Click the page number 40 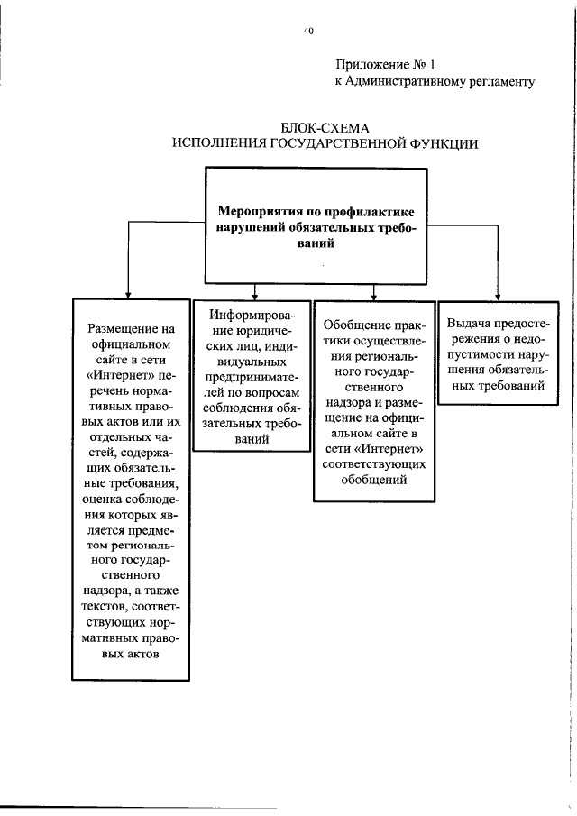point(308,31)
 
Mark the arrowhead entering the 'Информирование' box point(254,294)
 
